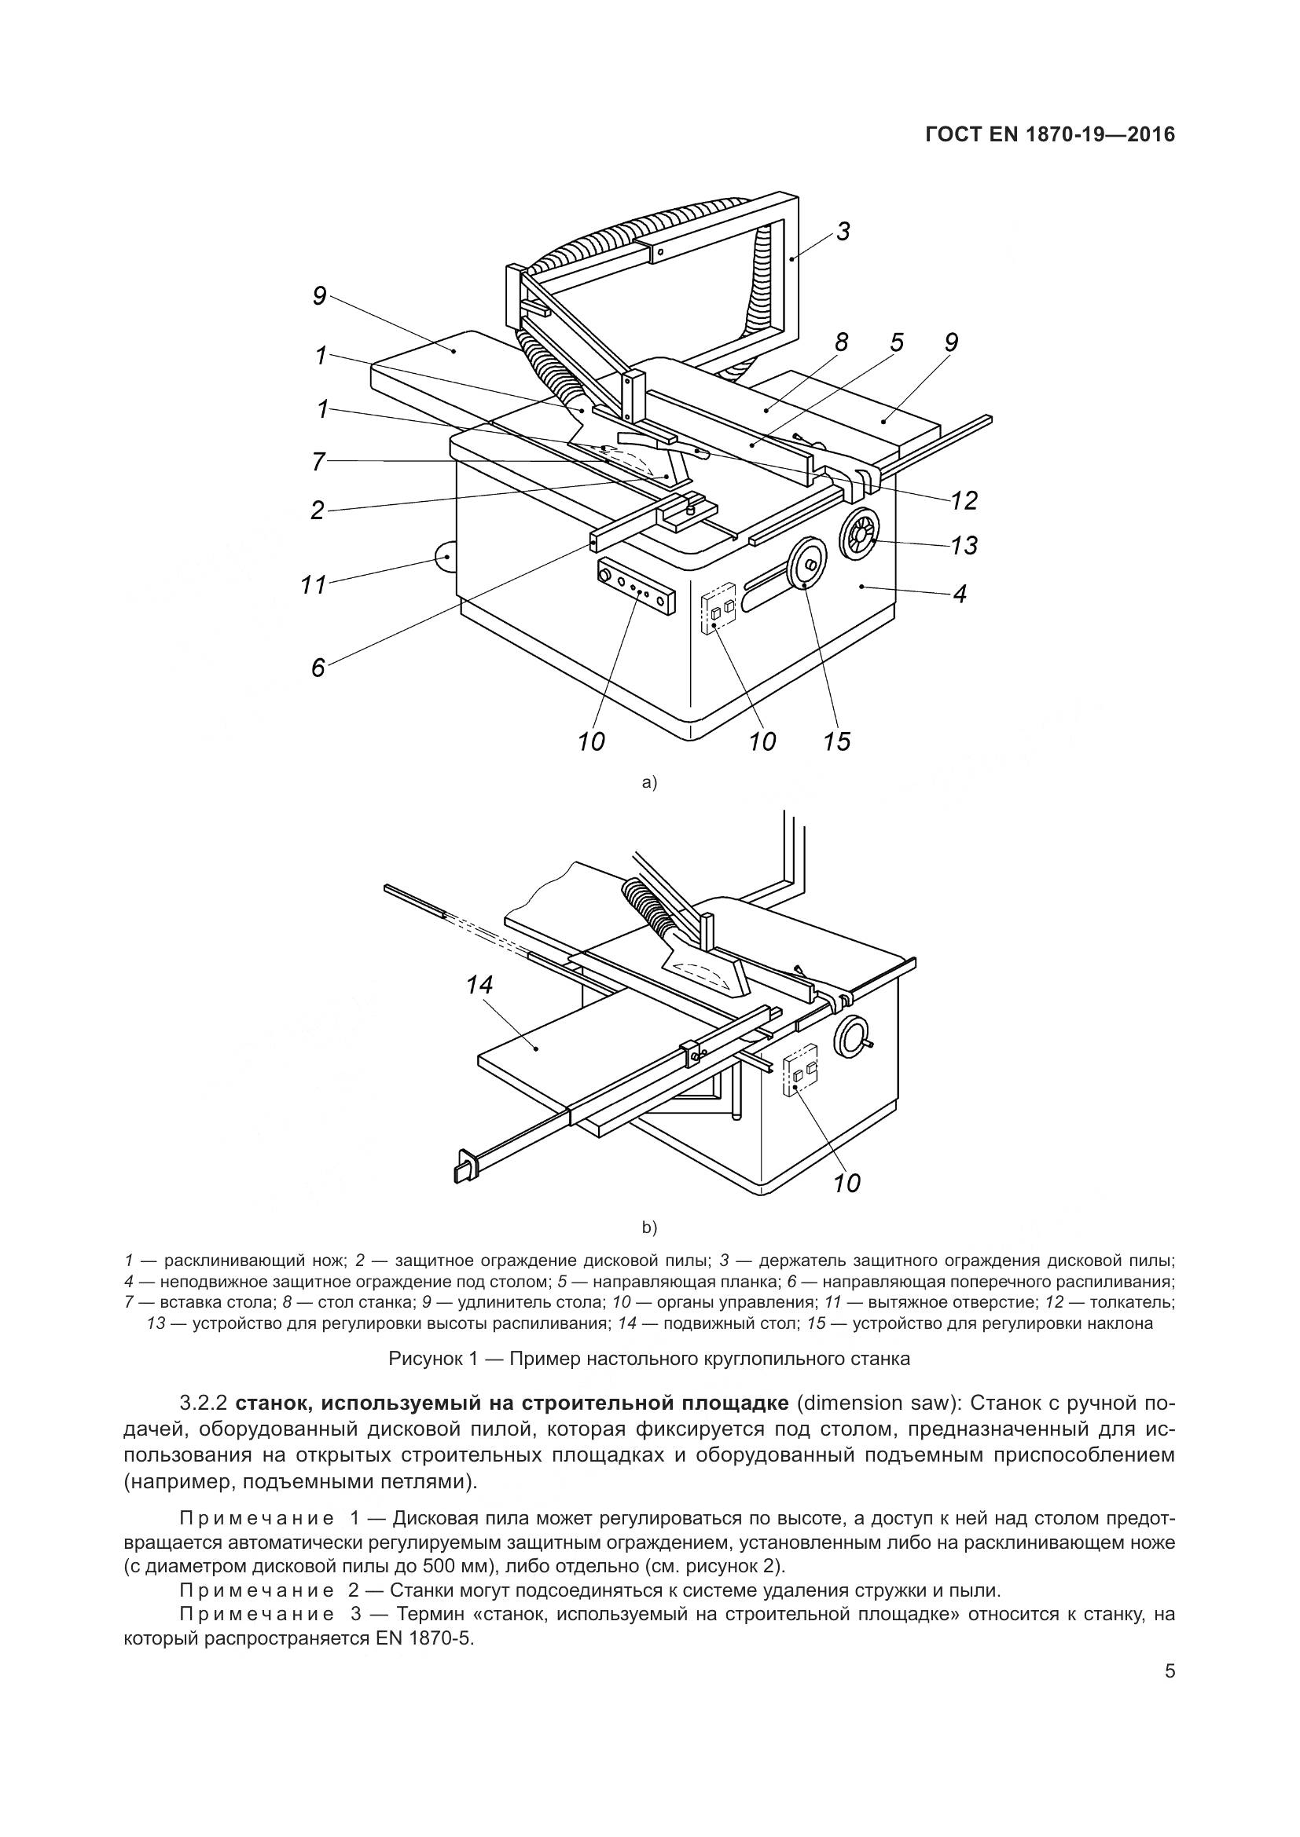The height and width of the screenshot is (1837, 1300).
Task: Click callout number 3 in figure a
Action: point(843,232)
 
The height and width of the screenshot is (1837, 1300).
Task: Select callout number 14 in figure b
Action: point(479,986)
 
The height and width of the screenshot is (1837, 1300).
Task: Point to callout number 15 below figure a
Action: point(836,741)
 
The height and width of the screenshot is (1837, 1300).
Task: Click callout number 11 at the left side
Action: point(314,585)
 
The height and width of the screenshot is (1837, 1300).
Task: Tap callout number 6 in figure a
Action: point(318,668)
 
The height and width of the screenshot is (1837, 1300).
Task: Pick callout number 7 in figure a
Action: point(318,462)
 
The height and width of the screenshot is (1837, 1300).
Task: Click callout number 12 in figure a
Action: point(964,501)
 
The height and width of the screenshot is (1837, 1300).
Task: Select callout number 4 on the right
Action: point(960,593)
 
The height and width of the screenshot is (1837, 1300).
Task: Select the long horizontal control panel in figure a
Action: point(636,587)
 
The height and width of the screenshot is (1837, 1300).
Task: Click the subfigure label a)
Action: point(649,782)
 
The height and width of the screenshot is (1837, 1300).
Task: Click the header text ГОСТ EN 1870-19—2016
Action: point(1049,134)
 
